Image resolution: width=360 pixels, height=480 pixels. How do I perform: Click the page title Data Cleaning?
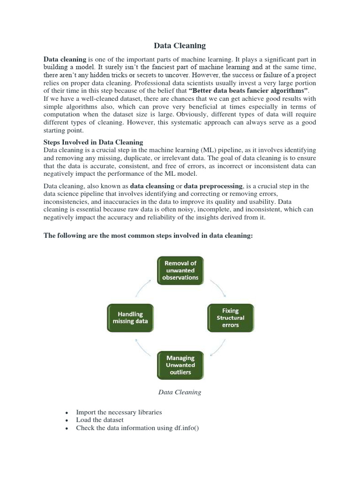point(180,45)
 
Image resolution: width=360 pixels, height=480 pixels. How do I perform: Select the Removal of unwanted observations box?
point(180,270)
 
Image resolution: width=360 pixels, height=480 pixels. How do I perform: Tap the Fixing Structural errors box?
point(230,318)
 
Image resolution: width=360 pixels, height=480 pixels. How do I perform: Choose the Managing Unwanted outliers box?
point(180,365)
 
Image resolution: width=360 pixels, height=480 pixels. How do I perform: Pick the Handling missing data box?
point(130,318)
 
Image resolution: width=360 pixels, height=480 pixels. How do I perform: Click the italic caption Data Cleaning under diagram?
point(180,392)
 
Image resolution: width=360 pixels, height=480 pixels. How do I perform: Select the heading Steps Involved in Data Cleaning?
point(93,142)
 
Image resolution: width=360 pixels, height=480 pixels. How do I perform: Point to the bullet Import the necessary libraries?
point(119,412)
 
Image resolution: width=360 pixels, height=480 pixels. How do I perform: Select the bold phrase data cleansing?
point(152,186)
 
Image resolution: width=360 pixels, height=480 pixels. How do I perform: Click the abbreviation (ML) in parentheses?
point(209,150)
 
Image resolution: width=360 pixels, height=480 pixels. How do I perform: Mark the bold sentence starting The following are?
point(148,236)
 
